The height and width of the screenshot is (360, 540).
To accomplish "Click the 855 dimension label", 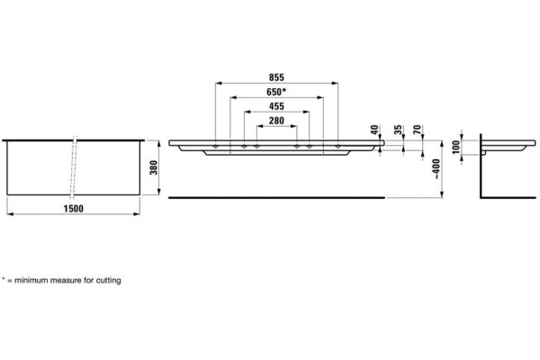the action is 276,77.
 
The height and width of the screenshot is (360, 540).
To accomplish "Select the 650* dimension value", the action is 276,92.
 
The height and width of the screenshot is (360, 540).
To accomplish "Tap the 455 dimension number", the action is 276,106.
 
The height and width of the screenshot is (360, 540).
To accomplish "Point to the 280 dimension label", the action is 276,121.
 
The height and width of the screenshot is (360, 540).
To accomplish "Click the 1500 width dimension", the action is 74,209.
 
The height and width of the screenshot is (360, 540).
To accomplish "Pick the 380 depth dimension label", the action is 154,167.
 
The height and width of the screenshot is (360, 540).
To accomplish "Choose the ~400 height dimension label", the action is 436,169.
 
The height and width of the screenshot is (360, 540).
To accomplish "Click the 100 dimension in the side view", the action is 456,147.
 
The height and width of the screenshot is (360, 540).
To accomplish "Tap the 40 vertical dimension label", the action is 374,130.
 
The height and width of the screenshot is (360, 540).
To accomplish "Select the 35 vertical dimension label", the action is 398,130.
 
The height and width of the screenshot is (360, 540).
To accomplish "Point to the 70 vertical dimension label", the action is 417,130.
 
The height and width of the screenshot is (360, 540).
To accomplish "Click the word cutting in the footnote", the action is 109,280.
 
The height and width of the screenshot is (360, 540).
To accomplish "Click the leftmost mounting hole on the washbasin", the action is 215,147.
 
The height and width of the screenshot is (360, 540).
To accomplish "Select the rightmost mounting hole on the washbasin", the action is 337,147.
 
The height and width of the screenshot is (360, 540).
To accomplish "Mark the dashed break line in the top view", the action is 74,167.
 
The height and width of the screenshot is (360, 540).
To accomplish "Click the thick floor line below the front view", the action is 276,198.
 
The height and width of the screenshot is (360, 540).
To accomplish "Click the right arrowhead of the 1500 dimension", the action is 137,214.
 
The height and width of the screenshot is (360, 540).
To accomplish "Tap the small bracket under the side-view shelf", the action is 483,153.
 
